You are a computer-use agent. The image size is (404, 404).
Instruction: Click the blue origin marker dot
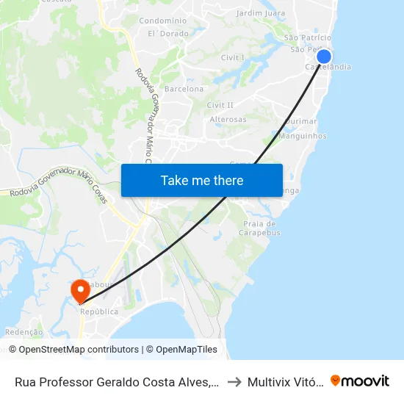324,57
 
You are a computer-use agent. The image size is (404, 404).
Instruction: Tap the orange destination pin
80,291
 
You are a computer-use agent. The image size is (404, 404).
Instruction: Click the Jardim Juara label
261,13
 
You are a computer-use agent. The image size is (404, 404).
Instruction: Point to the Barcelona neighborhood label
184,89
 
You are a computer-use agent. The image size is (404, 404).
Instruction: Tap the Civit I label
232,57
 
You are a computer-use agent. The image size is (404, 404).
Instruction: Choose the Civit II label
220,105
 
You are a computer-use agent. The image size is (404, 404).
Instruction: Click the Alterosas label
228,119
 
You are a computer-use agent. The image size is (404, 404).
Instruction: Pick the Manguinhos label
303,136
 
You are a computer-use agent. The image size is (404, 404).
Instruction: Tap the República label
99,311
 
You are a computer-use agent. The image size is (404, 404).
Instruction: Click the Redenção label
24,332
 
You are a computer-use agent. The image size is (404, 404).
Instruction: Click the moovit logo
360,380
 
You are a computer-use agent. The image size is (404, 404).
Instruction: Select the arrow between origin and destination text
233,381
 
